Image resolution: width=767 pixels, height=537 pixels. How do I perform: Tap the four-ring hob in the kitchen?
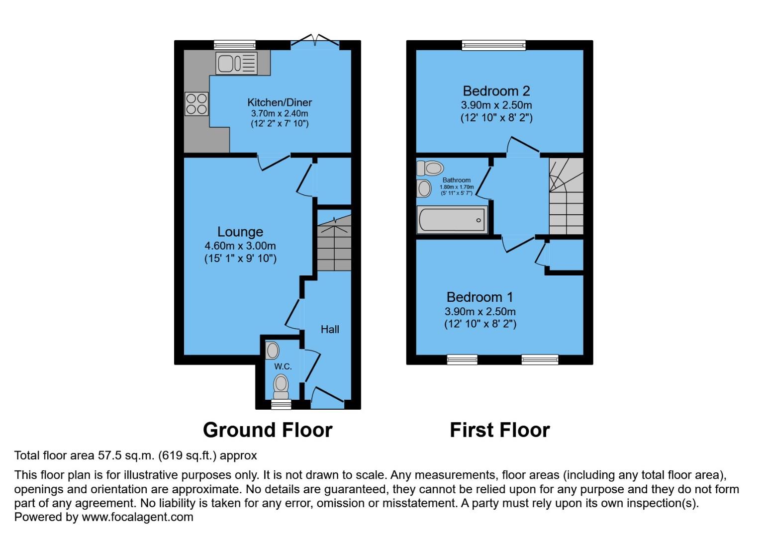pyautogui.click(x=196, y=104)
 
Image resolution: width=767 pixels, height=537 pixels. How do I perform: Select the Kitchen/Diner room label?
pyautogui.click(x=280, y=102)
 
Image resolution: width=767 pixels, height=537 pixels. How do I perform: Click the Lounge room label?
pyautogui.click(x=240, y=232)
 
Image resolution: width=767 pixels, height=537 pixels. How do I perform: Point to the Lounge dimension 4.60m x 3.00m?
pyautogui.click(x=240, y=246)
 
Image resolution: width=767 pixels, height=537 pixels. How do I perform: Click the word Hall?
pyautogui.click(x=330, y=329)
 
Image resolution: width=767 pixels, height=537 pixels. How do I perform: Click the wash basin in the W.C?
pyautogui.click(x=272, y=350)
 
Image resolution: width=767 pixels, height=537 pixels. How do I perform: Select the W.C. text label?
pyautogui.click(x=283, y=366)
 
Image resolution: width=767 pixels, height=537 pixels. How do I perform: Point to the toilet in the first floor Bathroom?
pyautogui.click(x=430, y=168)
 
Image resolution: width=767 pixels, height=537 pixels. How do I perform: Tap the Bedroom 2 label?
pyautogui.click(x=496, y=91)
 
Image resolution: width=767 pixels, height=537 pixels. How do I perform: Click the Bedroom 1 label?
pyautogui.click(x=479, y=297)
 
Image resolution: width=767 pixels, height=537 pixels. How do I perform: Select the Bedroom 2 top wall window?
pyautogui.click(x=493, y=45)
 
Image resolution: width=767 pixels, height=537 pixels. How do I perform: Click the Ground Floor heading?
pyautogui.click(x=268, y=430)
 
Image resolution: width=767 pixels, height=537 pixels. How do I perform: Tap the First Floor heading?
pyautogui.click(x=500, y=430)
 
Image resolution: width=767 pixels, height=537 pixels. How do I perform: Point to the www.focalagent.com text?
pyautogui.click(x=137, y=517)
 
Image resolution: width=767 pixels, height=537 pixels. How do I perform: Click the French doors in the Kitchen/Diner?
pyautogui.click(x=315, y=44)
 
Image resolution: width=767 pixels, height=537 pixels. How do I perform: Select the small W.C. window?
pyautogui.click(x=281, y=405)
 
